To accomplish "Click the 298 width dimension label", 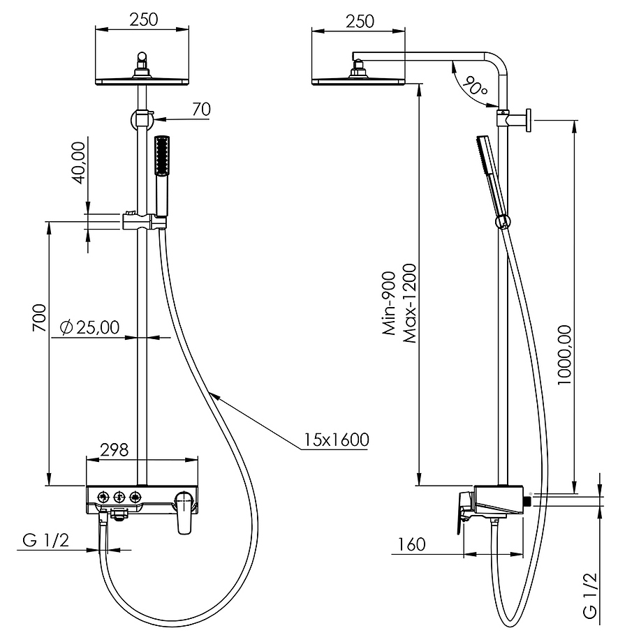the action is [x=115, y=449].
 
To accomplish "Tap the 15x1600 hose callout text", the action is [x=336, y=440].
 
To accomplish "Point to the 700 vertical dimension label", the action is [x=39, y=318].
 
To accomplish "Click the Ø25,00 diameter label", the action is [x=89, y=327].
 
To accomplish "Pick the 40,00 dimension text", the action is [x=78, y=163].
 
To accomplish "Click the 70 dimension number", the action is [x=201, y=110].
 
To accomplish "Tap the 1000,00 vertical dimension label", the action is [x=564, y=355].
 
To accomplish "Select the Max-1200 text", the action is [x=409, y=303].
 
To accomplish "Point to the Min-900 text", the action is [x=390, y=304].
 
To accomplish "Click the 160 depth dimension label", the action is [x=412, y=544].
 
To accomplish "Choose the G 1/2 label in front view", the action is [x=46, y=540].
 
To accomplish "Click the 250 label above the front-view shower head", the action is [x=144, y=20].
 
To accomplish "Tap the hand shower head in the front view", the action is [x=162, y=156].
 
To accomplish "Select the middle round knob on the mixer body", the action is [x=119, y=497].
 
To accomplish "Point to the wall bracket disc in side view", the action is [x=529, y=120].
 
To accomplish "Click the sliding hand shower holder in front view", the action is [x=144, y=221].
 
